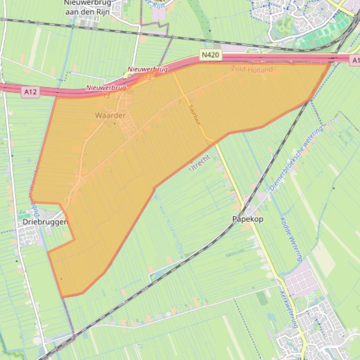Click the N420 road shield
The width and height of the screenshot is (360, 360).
click(210, 55)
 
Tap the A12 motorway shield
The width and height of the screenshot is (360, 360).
click(30, 92)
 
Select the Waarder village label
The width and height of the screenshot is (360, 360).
click(110, 115)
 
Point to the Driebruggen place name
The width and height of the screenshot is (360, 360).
click(45, 222)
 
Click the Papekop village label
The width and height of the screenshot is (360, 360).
click(248, 219)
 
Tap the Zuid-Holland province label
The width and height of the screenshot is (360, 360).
click(251, 70)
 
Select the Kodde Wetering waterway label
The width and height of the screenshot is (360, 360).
click(291, 239)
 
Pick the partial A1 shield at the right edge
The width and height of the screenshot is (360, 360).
click(355, 59)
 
